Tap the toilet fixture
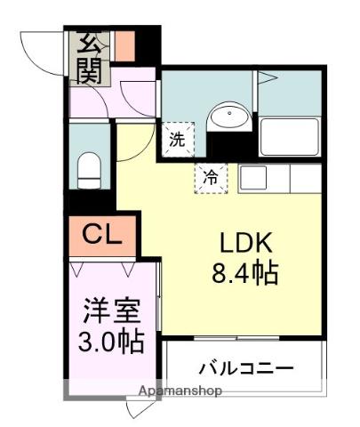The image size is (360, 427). tap(89, 169)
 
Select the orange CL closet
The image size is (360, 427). tap(103, 235)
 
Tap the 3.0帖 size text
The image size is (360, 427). tap(110, 342)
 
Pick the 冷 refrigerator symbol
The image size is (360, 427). tap(212, 177)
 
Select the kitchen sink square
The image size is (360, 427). tap(253, 177)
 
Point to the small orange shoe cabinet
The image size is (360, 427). tap(125, 44)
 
